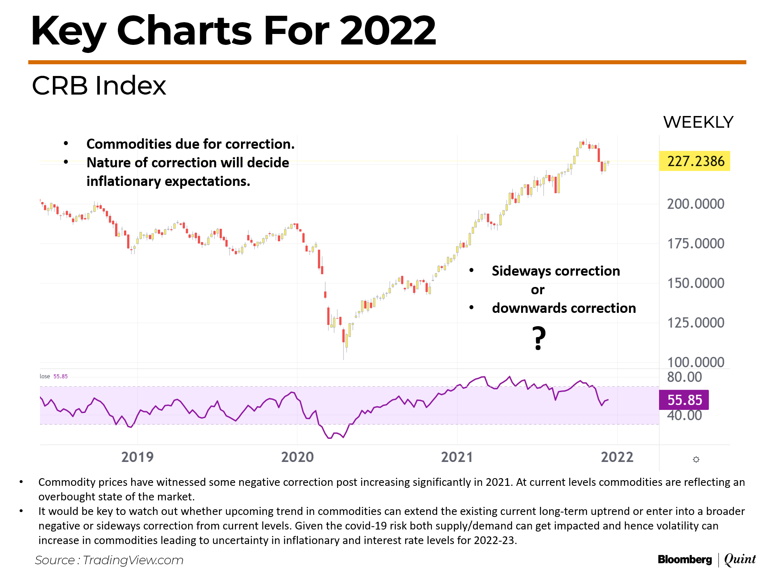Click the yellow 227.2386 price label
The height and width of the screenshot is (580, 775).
pyautogui.click(x=695, y=161)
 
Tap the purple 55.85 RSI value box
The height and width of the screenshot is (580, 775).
pyautogui.click(x=684, y=400)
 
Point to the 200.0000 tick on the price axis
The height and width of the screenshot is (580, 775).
pyautogui.click(x=695, y=204)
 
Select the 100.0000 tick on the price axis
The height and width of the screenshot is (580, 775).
pyautogui.click(x=695, y=362)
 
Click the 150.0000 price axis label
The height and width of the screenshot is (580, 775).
pyautogui.click(x=695, y=283)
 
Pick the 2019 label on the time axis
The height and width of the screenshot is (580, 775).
pyautogui.click(x=137, y=457)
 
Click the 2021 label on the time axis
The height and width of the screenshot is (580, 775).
pyautogui.click(x=457, y=457)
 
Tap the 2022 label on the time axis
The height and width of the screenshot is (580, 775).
pyautogui.click(x=617, y=457)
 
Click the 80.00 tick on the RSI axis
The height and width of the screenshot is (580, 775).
pyautogui.click(x=684, y=377)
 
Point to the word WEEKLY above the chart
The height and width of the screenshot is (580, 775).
pyautogui.click(x=698, y=122)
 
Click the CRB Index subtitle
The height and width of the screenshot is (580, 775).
pyautogui.click(x=99, y=86)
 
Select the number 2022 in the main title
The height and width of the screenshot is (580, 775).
pyautogui.click(x=388, y=31)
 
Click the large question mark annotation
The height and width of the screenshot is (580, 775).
pyautogui.click(x=538, y=338)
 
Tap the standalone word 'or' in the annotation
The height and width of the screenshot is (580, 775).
pyautogui.click(x=537, y=290)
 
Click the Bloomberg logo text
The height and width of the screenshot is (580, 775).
pyautogui.click(x=685, y=559)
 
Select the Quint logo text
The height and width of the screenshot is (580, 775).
pyautogui.click(x=739, y=559)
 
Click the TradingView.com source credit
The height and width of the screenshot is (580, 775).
pyautogui.click(x=133, y=560)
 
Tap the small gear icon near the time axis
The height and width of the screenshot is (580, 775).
pyautogui.click(x=696, y=460)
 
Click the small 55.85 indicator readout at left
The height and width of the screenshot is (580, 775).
pyautogui.click(x=61, y=376)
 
